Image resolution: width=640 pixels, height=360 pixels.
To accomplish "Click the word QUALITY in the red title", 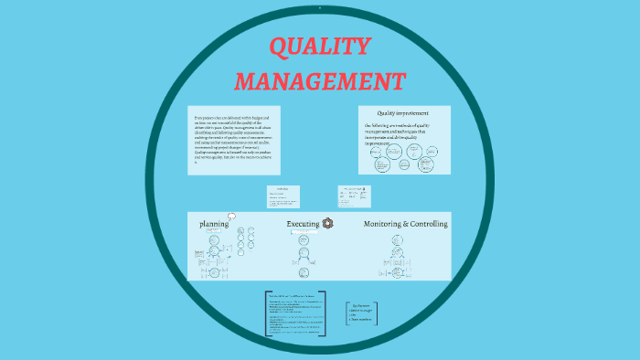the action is (x=320, y=48).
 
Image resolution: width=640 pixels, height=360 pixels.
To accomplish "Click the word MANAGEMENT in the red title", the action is (x=320, y=81).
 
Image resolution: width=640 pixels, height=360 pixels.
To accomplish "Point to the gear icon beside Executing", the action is (x=328, y=223).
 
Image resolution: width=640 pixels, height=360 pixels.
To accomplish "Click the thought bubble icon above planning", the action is (x=231, y=217).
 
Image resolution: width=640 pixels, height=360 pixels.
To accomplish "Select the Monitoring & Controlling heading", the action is (x=406, y=224).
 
